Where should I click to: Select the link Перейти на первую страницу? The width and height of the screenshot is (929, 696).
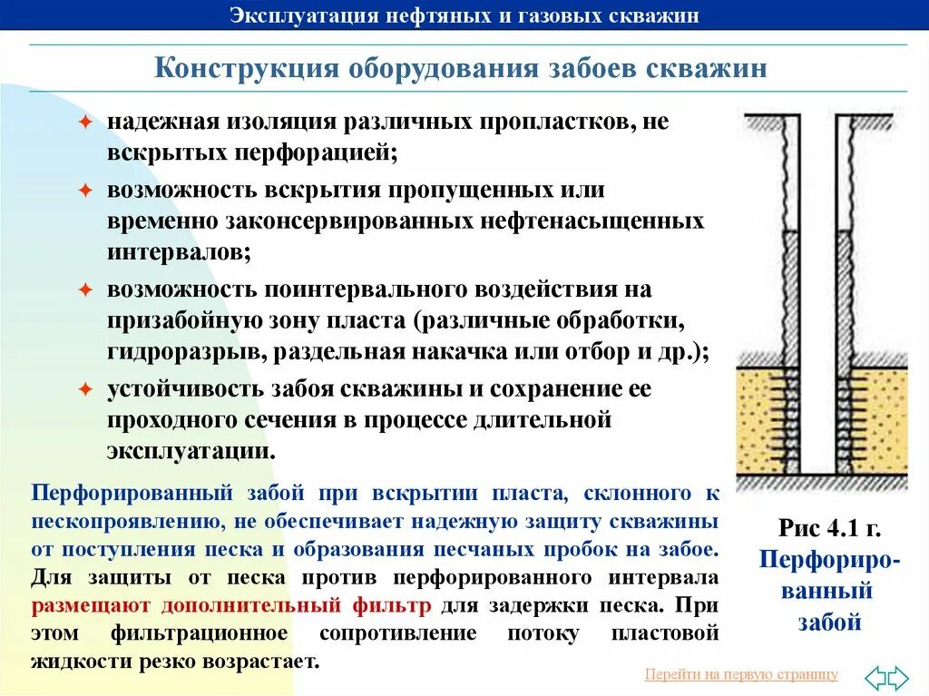[x=740, y=673]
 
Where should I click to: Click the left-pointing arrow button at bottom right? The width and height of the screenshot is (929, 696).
[x=875, y=677]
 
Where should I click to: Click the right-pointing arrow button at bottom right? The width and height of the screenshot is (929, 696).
[x=896, y=677]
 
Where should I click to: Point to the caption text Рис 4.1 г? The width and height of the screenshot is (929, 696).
[x=829, y=529]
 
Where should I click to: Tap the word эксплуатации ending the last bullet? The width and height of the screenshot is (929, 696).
[x=189, y=451]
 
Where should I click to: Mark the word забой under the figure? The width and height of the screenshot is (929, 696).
[x=829, y=622]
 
